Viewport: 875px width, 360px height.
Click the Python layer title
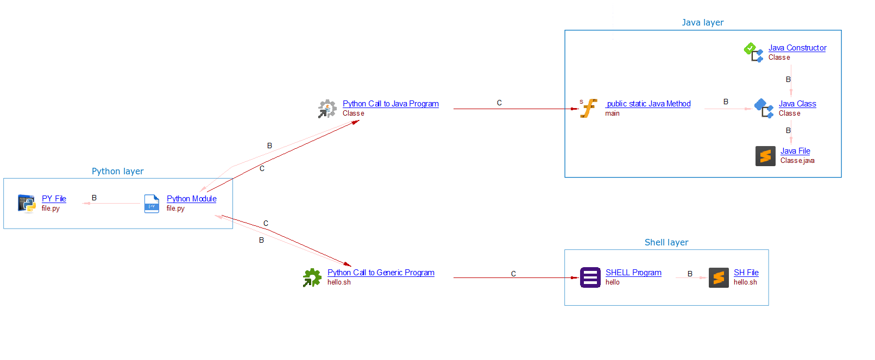pyautogui.click(x=117, y=172)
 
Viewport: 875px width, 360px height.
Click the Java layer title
pyautogui.click(x=702, y=23)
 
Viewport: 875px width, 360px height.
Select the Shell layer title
pyautogui.click(x=666, y=243)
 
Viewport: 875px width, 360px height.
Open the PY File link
pyautogui.click(x=54, y=199)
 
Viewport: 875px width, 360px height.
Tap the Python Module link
pyautogui.click(x=191, y=199)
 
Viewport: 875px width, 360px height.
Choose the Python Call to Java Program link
pyautogui.click(x=391, y=104)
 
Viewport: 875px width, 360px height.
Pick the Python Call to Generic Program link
pyautogui.click(x=381, y=273)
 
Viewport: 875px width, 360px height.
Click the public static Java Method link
pyautogui.click(x=649, y=104)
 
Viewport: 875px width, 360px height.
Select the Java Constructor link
pyautogui.click(x=797, y=48)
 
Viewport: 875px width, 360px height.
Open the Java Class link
pyautogui.click(x=797, y=104)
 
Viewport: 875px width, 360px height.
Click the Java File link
pyautogui.click(x=795, y=151)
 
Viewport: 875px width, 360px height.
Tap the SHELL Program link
pyautogui.click(x=633, y=273)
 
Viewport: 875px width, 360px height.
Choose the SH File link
pyautogui.click(x=746, y=273)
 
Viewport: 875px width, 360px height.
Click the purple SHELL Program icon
pyautogui.click(x=590, y=277)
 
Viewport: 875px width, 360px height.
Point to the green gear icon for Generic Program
pyautogui.click(x=312, y=277)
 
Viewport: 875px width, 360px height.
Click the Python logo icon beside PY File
pyautogui.click(x=27, y=204)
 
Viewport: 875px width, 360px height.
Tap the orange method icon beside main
pyautogui.click(x=588, y=108)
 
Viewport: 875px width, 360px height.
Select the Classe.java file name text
pyautogui.click(x=797, y=161)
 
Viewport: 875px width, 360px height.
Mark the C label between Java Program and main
pyautogui.click(x=499, y=103)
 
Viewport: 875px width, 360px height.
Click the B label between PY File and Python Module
pyautogui.click(x=94, y=198)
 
